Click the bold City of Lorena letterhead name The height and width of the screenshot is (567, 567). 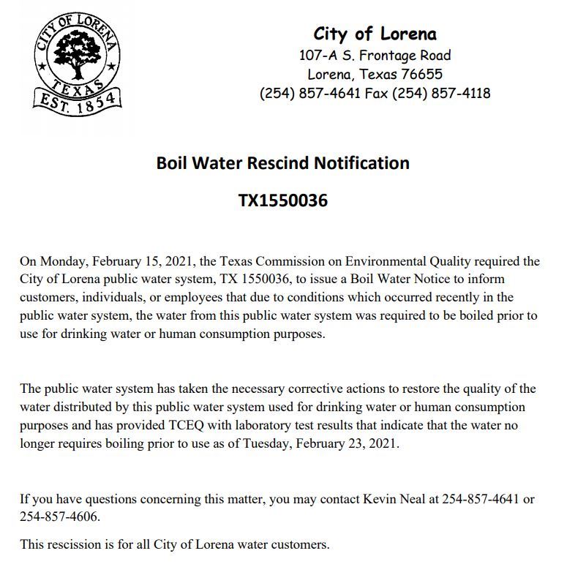pos(375,34)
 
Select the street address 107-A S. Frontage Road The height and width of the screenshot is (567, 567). pos(375,55)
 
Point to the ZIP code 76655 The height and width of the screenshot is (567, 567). pos(421,74)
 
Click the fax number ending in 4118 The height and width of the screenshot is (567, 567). pos(441,93)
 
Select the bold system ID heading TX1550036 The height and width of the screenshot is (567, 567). pos(282,200)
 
